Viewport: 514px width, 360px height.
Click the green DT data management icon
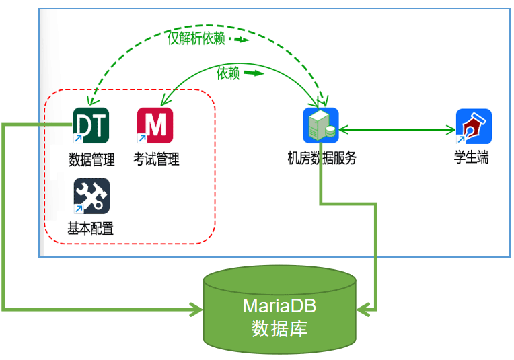[x=91, y=125]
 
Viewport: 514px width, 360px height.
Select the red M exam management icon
[x=155, y=125]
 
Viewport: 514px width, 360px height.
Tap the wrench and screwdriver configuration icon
[x=91, y=196]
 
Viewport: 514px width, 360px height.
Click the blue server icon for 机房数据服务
[x=320, y=125]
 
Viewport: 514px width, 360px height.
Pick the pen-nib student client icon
[x=474, y=126]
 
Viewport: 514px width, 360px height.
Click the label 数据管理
[x=91, y=159]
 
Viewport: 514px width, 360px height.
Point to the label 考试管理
[x=155, y=159]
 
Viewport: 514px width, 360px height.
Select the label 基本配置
[x=90, y=229]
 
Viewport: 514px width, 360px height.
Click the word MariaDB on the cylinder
[x=279, y=306]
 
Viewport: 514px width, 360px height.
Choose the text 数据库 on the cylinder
[x=279, y=329]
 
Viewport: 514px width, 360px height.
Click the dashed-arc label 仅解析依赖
[x=196, y=38]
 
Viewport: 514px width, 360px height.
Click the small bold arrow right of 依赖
[x=253, y=73]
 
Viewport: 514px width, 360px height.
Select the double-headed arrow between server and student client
[x=397, y=129]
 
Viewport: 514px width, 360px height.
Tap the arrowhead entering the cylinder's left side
[x=196, y=310]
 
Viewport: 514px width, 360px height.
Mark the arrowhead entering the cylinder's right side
[x=363, y=310]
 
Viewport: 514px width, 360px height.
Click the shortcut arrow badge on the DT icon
[x=78, y=138]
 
